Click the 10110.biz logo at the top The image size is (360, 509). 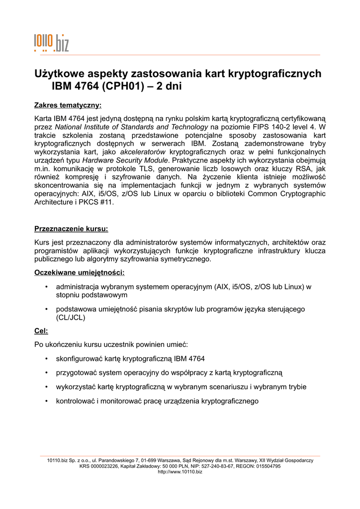point(51,43)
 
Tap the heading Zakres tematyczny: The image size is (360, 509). point(68,105)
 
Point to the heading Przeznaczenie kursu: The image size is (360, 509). point(71,229)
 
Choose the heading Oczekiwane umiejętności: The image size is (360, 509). point(79,273)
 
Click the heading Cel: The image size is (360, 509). point(41,331)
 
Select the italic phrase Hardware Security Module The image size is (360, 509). point(126,160)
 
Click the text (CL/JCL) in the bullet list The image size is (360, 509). point(71,318)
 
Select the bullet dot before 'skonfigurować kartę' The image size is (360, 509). point(46,358)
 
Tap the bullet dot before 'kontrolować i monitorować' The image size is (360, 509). point(46,401)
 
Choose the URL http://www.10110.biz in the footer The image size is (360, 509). point(180,472)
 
